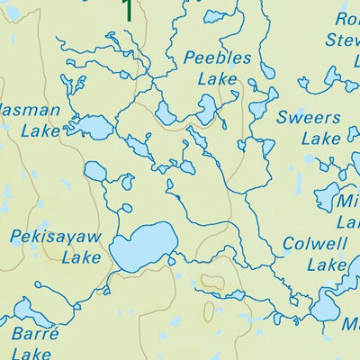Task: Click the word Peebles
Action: point(217,58)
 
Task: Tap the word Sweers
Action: point(309,118)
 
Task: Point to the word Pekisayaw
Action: point(56,237)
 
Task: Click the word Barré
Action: point(35,333)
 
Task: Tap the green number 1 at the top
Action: point(128,10)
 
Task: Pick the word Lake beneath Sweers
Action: point(320,139)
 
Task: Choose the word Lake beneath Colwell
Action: point(326,265)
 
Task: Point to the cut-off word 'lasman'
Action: point(30,110)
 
